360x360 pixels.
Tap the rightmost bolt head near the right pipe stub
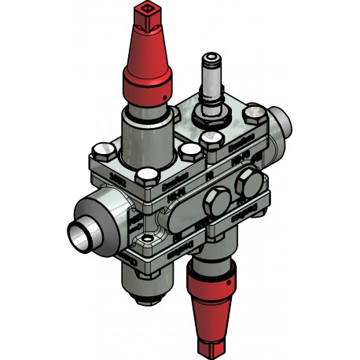(x=254, y=117)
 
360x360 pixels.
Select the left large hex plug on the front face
(x=213, y=206)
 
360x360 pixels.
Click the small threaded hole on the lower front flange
(x=147, y=235)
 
